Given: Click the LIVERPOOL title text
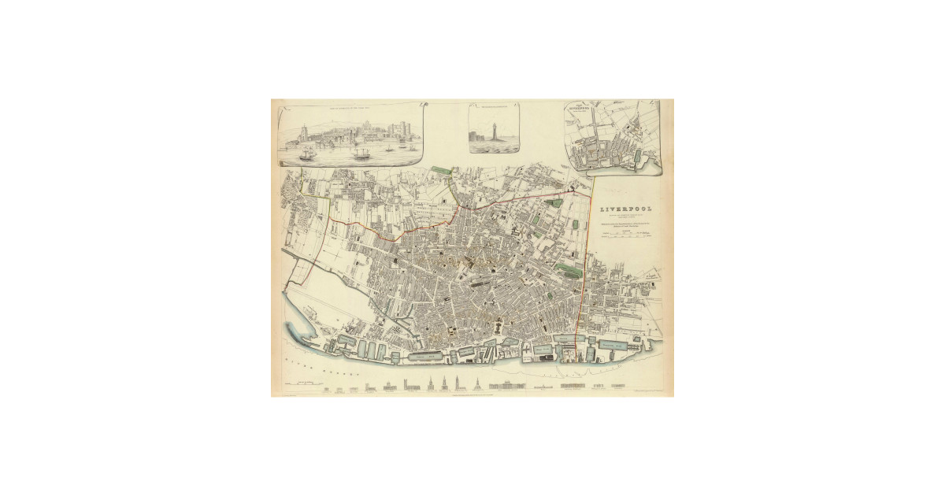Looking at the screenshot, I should (x=625, y=209).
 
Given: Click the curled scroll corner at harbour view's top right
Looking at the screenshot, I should (x=423, y=103).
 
